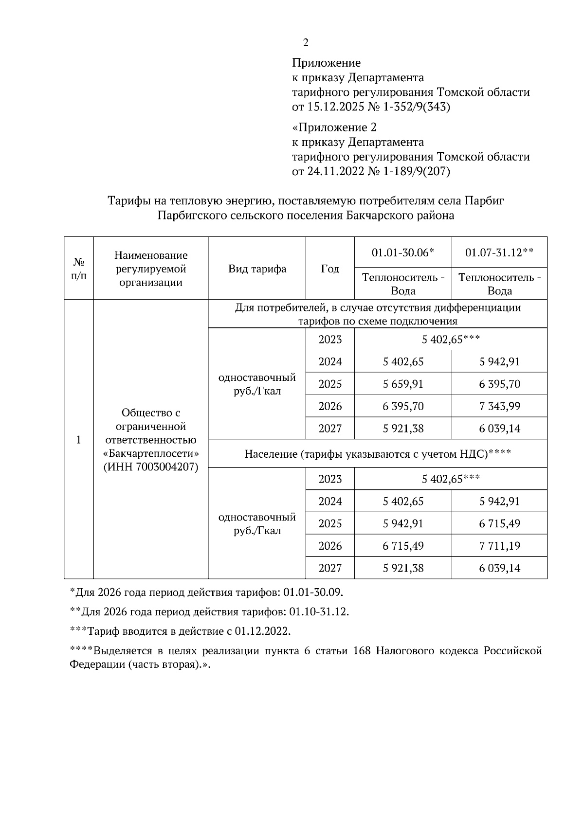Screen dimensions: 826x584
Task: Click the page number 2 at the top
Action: tap(306, 43)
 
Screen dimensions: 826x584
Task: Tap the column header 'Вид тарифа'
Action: tap(257, 269)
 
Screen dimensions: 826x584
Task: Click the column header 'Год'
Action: tap(330, 269)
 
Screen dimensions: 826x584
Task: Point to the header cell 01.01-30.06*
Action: tap(403, 252)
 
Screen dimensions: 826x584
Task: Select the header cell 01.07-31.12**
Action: tap(499, 252)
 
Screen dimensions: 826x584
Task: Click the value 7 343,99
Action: tap(499, 406)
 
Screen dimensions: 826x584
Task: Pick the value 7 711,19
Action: tap(499, 546)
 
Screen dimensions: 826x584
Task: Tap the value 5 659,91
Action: tap(403, 384)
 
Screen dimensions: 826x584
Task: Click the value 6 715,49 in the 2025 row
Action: tap(499, 523)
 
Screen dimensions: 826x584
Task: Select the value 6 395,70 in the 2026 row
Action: tap(403, 406)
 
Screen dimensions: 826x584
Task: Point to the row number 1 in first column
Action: tap(78, 440)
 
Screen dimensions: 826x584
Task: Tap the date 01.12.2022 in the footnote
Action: tap(261, 631)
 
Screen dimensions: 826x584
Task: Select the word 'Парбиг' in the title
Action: tap(484, 200)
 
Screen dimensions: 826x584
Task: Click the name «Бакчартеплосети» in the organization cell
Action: tap(151, 453)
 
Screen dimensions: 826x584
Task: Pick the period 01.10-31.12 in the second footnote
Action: tap(318, 612)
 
